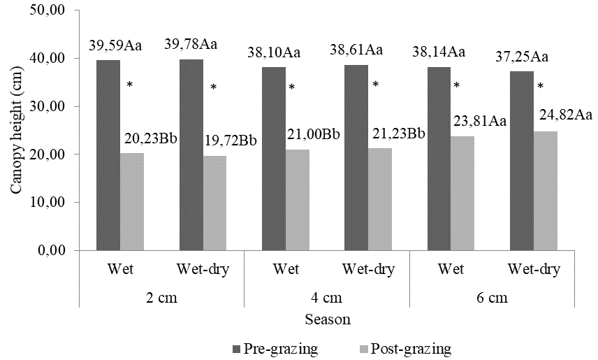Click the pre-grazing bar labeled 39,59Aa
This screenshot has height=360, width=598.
tap(108, 154)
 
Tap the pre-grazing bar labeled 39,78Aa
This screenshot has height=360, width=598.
tap(191, 154)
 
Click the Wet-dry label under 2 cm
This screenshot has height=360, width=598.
tap(203, 269)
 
